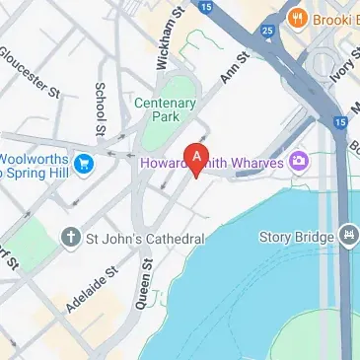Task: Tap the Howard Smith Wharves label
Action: [x=211, y=162]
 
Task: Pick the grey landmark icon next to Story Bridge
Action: [x=346, y=236]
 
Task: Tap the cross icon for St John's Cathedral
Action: [x=70, y=238]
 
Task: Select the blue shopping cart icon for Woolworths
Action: [x=84, y=163]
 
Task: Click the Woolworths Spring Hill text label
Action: [x=35, y=163]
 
